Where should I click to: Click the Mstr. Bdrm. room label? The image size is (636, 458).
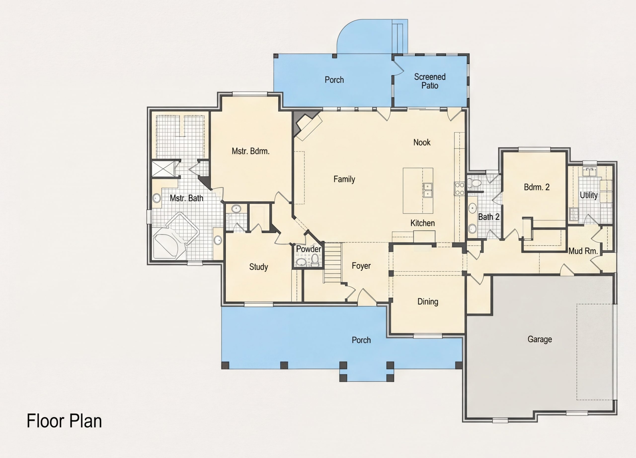pyautogui.click(x=250, y=151)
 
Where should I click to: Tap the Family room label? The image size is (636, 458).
pyautogui.click(x=344, y=179)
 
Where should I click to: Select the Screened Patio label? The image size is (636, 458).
pyautogui.click(x=430, y=81)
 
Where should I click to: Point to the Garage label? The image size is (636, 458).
pyautogui.click(x=540, y=339)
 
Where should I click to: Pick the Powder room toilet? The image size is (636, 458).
pyautogui.click(x=315, y=260)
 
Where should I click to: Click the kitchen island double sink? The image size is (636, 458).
pyautogui.click(x=428, y=190)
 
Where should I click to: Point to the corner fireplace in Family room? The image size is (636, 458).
pyautogui.click(x=307, y=125)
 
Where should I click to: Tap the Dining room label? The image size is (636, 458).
pyautogui.click(x=428, y=302)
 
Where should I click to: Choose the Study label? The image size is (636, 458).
pyautogui.click(x=259, y=267)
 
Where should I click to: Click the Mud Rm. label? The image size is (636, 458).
pyautogui.click(x=583, y=251)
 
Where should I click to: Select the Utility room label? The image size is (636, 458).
pyautogui.click(x=589, y=195)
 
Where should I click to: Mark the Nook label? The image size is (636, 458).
pyautogui.click(x=422, y=142)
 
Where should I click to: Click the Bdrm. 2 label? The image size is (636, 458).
pyautogui.click(x=536, y=187)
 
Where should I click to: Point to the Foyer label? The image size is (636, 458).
pyautogui.click(x=361, y=266)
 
